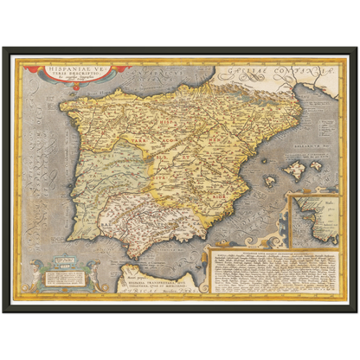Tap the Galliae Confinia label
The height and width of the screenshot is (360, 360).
click(x=269, y=72)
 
